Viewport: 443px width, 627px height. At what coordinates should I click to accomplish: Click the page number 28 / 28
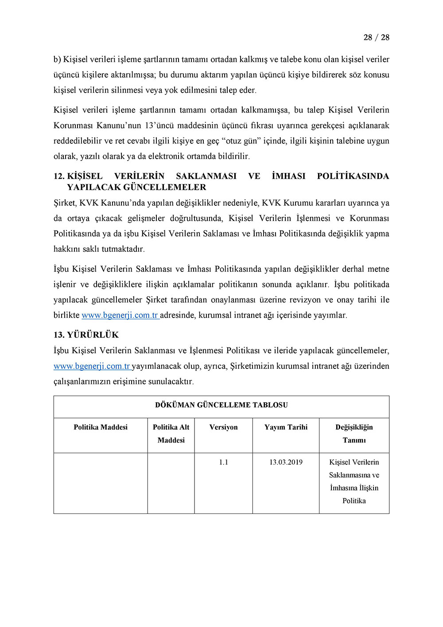tap(376, 38)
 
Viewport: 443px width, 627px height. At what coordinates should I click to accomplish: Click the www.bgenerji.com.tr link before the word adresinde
tap(120, 315)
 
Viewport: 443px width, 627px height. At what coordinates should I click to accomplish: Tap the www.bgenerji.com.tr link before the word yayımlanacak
tap(92, 366)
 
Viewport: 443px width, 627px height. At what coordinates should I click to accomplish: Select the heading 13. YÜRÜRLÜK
tap(86, 335)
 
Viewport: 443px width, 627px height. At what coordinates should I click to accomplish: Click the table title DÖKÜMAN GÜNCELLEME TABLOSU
tap(221, 405)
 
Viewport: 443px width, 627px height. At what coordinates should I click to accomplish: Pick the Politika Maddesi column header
tap(101, 427)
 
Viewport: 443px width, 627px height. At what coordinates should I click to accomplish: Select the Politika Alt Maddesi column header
tap(171, 434)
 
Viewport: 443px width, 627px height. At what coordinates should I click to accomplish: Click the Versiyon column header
tap(223, 427)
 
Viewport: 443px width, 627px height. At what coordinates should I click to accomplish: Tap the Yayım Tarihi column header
tap(286, 427)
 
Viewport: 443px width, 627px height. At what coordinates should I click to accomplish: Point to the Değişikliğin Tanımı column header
tap(354, 434)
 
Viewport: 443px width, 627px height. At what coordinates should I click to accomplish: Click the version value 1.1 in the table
tap(223, 462)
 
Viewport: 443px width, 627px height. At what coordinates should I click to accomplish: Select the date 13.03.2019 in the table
tap(286, 462)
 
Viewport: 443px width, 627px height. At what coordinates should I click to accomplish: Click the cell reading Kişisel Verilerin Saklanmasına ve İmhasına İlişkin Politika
tap(354, 482)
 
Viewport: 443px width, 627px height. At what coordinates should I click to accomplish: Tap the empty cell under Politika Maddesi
tap(101, 483)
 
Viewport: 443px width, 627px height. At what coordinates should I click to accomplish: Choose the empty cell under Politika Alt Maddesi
tap(171, 483)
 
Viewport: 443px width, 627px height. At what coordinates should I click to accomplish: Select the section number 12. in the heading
tap(59, 176)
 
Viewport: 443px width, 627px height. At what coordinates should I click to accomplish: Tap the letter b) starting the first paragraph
tap(57, 59)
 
